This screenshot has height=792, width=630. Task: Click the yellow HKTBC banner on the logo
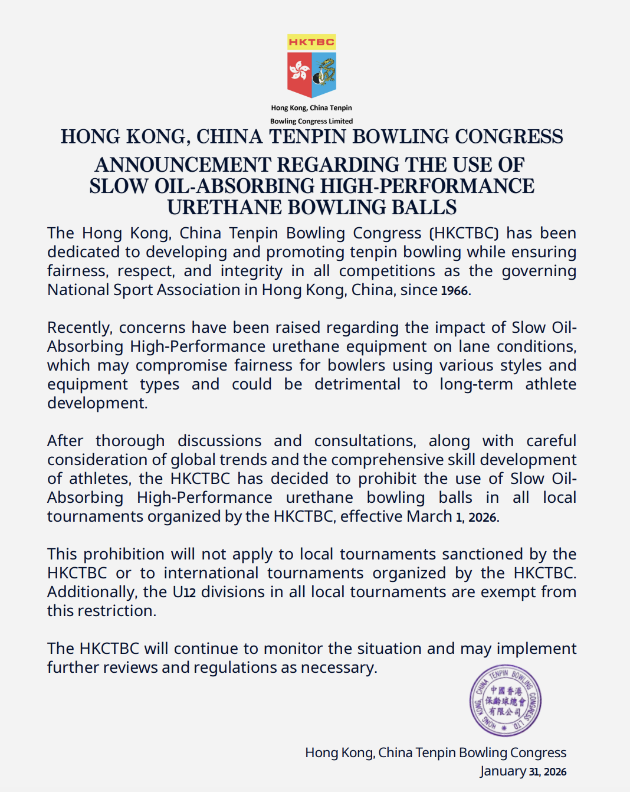click(x=311, y=42)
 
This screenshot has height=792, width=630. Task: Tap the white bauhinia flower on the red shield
click(x=299, y=71)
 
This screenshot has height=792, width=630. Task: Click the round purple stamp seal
click(x=505, y=701)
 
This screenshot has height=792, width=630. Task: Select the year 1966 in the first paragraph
click(x=454, y=290)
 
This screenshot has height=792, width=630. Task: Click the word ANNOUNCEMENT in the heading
click(x=183, y=165)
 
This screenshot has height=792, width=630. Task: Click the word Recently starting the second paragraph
click(x=79, y=328)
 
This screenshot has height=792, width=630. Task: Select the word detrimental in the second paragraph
click(x=357, y=384)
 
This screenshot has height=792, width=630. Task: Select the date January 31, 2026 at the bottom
click(x=523, y=771)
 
